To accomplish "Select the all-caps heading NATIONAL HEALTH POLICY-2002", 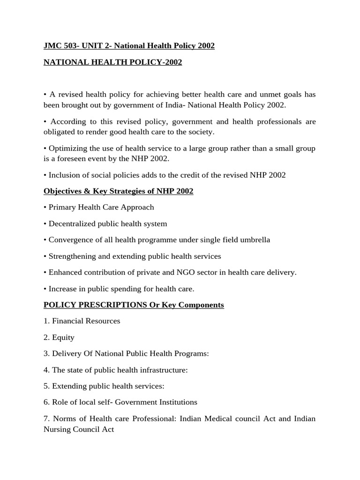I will pos(112,62).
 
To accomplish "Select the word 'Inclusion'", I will pos(64,175).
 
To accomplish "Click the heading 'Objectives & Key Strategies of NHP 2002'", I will pos(118,191).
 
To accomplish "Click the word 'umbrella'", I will pos(255,240).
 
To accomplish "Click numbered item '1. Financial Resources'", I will pos(82,321).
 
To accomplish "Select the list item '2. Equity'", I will pos(59,337).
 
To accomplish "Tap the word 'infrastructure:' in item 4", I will pos(161,370).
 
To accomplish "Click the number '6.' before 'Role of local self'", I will pos(46,402).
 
